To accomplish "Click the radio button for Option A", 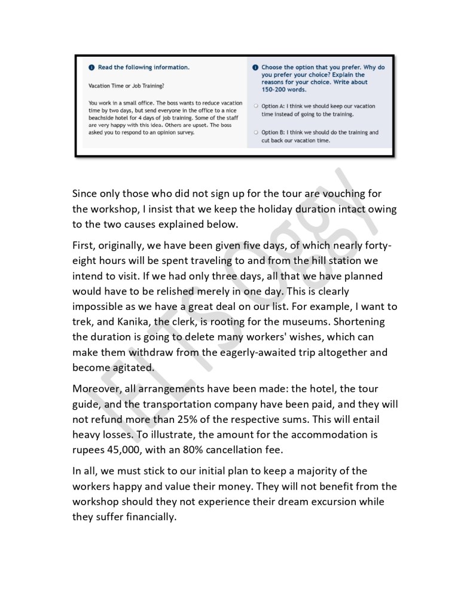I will [x=255, y=106].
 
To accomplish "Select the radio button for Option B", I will [x=255, y=133].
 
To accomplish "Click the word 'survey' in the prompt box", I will [x=185, y=132].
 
